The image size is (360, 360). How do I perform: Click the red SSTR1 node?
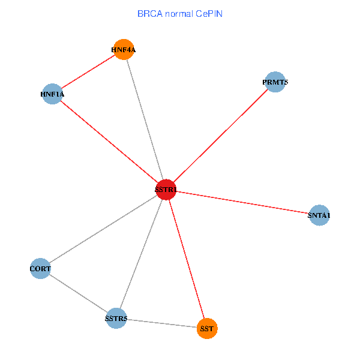166,190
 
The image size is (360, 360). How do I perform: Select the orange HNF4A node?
124,50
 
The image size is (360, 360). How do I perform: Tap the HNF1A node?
52,94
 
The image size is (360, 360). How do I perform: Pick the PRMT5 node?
275,82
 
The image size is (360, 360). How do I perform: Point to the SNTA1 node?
319,215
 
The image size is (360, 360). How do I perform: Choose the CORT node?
40,269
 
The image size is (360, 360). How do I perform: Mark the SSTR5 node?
116,319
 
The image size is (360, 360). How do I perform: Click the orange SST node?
207,329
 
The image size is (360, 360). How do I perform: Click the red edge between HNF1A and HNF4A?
88,72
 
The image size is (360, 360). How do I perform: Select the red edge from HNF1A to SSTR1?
109,142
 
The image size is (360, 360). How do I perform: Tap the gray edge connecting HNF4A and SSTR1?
145,120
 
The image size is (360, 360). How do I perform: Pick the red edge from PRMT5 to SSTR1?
220,136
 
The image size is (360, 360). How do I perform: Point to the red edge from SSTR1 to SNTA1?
242,203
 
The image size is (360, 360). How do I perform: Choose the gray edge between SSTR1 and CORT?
103,230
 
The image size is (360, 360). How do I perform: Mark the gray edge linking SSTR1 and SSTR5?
141,254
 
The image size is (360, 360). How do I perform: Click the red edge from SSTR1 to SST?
186,259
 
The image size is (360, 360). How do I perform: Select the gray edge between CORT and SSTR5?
78,294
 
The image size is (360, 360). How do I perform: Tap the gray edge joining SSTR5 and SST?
161,324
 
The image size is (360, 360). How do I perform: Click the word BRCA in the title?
148,13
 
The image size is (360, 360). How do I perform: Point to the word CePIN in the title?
209,13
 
